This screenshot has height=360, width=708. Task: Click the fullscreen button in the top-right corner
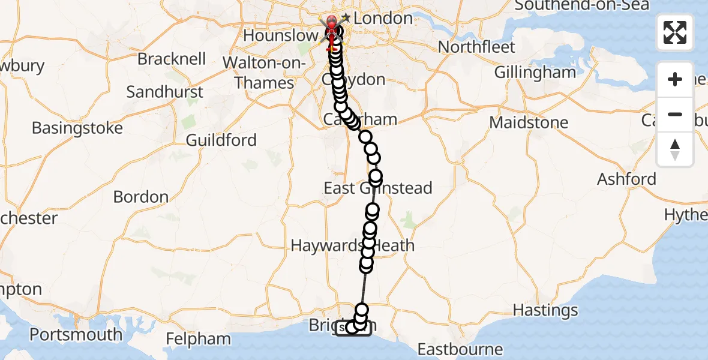tap(675, 32)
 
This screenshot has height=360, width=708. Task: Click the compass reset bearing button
tap(675, 149)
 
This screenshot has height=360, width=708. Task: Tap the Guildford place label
tap(221, 140)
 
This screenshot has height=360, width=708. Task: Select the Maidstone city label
tap(529, 122)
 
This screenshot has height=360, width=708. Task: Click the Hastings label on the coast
tap(546, 310)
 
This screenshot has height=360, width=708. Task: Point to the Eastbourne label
tap(460, 349)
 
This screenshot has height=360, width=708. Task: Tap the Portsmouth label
tap(76, 334)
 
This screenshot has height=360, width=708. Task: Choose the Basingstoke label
tap(77, 128)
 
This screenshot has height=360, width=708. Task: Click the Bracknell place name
tap(172, 59)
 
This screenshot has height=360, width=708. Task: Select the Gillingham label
tap(535, 73)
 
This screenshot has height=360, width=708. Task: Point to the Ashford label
tap(626, 179)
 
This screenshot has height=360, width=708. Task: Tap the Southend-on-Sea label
tap(581, 5)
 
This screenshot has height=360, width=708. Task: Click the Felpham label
tap(199, 339)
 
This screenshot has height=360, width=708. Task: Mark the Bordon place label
tap(141, 197)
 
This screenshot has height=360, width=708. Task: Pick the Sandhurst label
tap(165, 92)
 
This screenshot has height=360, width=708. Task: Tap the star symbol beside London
tap(346, 19)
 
